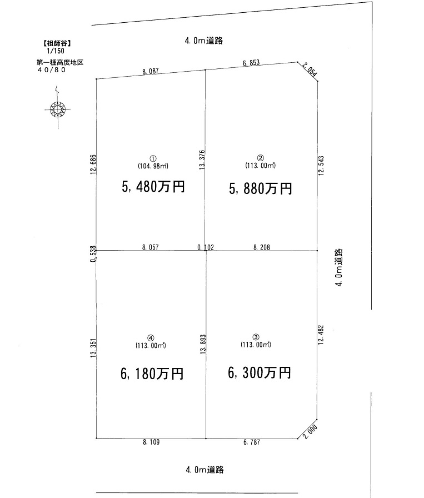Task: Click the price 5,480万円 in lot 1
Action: coord(153,186)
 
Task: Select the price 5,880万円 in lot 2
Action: coord(261,188)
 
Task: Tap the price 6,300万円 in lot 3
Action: coord(260,372)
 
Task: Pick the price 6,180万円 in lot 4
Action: coord(152,373)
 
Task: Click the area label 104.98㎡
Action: coord(153,166)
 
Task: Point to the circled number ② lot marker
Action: coord(261,158)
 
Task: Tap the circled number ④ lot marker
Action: coord(151,338)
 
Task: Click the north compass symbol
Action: coord(57,108)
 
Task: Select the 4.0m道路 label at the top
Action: coord(204,41)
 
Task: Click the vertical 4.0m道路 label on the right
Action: coord(339,267)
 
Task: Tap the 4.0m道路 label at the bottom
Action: coord(205,470)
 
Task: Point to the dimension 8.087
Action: coord(150,71)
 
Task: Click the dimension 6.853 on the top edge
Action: coord(251,63)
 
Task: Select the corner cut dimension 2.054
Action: coord(310,70)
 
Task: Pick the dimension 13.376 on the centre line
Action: coord(202,160)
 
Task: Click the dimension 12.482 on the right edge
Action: coord(321,335)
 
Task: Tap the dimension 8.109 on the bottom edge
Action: coord(151,442)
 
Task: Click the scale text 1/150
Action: coord(56,51)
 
